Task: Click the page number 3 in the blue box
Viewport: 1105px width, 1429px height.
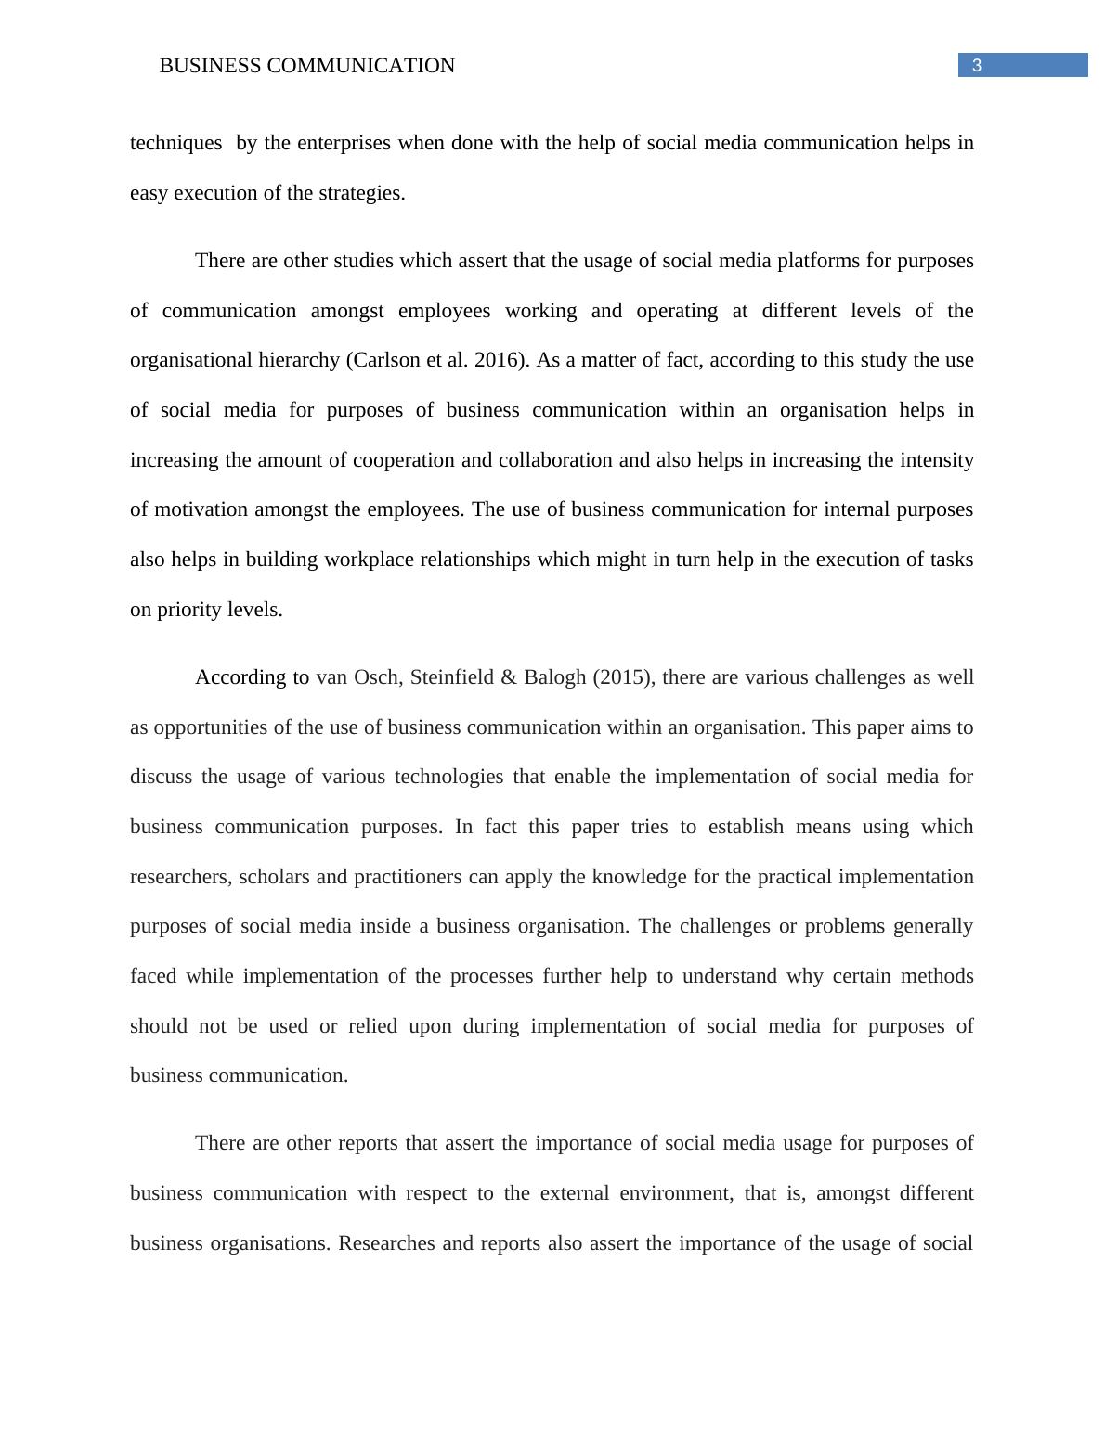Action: pos(976,65)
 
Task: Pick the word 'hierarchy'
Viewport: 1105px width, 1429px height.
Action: pos(300,360)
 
